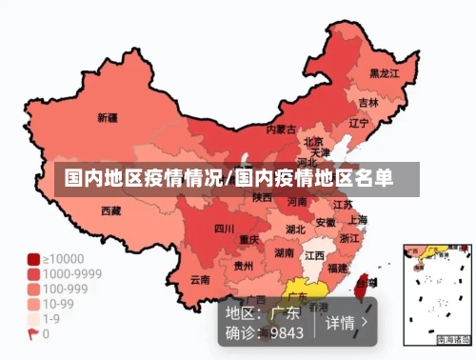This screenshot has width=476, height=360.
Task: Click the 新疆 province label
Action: point(108,119)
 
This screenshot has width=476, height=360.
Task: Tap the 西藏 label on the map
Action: point(110,210)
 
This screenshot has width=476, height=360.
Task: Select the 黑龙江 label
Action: point(385,73)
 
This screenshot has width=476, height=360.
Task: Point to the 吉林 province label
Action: point(368,103)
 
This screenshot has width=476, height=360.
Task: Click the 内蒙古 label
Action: point(281,129)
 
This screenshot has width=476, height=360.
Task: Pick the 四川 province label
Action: point(224,229)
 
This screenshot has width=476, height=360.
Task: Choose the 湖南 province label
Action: point(284,253)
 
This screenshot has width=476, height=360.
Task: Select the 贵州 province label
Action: point(244,267)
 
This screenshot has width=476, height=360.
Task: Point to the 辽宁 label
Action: point(359,123)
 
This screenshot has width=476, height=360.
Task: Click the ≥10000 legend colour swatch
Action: point(33,259)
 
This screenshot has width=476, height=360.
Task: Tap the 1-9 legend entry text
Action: point(52,319)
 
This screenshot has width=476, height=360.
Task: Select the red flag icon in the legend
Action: point(33,334)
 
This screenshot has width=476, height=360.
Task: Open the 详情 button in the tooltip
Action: point(347,323)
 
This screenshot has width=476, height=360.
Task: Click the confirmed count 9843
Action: point(286,333)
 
